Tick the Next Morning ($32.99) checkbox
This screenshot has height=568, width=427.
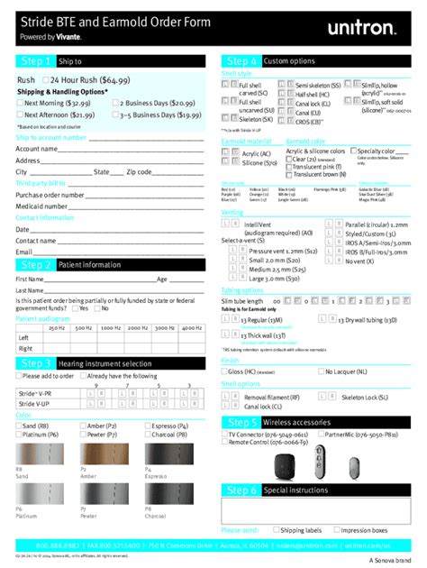click(20, 104)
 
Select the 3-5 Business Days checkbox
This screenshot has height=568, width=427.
click(117, 115)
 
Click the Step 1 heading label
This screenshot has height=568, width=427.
click(32, 61)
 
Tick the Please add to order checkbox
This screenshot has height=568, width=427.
click(19, 376)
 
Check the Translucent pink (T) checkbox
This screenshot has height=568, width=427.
click(289, 167)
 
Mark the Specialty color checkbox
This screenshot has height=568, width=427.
click(353, 151)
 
